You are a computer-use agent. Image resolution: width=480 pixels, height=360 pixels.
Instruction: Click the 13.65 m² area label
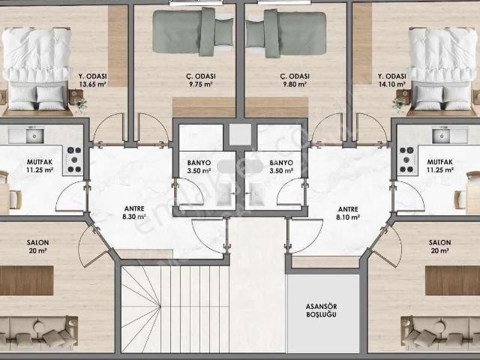pyautogui.click(x=93, y=85)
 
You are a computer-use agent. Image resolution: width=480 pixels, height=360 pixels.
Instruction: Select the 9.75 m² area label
pyautogui.click(x=201, y=84)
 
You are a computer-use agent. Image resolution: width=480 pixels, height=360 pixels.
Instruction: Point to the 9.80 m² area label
pyautogui.click(x=295, y=84)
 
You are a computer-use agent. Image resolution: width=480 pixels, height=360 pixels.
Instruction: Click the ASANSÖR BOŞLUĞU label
pyautogui.click(x=322, y=310)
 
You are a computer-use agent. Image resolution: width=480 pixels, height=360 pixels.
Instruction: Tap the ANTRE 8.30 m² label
pyautogui.click(x=135, y=213)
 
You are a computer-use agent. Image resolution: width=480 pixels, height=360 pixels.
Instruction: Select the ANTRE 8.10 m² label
pyautogui.click(x=348, y=213)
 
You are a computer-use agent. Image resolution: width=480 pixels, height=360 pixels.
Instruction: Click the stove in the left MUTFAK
pyautogui.click(x=73, y=160)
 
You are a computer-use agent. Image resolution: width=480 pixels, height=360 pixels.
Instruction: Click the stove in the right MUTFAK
pyautogui.click(x=407, y=160)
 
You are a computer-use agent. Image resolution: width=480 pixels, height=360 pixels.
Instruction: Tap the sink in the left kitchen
pyautogui.click(x=34, y=136)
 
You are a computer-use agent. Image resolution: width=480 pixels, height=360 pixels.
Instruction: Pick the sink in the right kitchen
pyautogui.click(x=441, y=136)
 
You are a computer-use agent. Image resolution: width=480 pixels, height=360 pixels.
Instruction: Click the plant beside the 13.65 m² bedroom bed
pyautogui.click(x=80, y=103)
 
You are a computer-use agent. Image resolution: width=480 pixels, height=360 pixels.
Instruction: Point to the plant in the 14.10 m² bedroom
pyautogui.click(x=399, y=103)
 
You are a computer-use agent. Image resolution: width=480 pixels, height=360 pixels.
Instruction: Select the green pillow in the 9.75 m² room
pyautogui.click(x=223, y=31)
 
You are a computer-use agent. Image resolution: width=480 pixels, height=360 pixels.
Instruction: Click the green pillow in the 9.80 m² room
pyautogui.click(x=255, y=34)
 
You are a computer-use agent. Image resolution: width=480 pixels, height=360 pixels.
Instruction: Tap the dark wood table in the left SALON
pyautogui.click(x=27, y=280)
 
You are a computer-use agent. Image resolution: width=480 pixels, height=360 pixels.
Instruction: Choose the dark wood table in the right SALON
pyautogui.click(x=453, y=280)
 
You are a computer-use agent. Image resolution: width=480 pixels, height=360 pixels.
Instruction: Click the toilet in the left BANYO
pyautogui.click(x=225, y=194)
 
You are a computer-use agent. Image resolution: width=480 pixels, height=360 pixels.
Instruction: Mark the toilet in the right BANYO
pyautogui.click(x=256, y=194)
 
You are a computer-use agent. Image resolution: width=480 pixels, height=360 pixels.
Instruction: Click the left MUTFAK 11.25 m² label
pyautogui.click(x=40, y=166)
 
